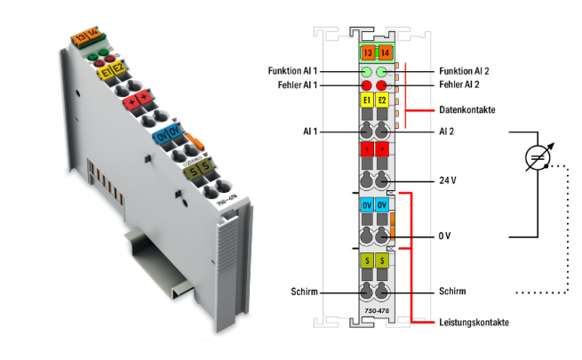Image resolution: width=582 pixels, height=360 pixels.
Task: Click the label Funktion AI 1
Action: (292, 70)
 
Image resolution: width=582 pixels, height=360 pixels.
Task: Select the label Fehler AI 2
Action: (459, 84)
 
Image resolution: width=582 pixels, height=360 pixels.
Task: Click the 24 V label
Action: (448, 180)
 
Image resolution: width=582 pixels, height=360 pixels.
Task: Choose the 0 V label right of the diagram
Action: (446, 237)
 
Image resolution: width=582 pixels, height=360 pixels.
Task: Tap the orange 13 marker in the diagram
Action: (366, 54)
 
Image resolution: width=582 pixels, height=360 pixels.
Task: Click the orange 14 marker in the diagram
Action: (383, 54)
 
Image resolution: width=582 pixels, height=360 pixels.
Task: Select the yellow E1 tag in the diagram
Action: (366, 101)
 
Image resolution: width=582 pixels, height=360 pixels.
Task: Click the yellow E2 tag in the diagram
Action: (383, 101)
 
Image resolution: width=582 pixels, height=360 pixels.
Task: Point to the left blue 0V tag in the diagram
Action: (366, 205)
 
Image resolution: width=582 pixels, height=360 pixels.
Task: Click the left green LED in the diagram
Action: (366, 70)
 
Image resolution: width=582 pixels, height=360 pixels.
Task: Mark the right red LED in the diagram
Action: (383, 85)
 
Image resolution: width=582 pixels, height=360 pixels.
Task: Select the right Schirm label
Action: (452, 292)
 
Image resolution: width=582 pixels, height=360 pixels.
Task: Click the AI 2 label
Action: (448, 131)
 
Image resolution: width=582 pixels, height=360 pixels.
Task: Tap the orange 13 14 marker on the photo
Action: (85, 37)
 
